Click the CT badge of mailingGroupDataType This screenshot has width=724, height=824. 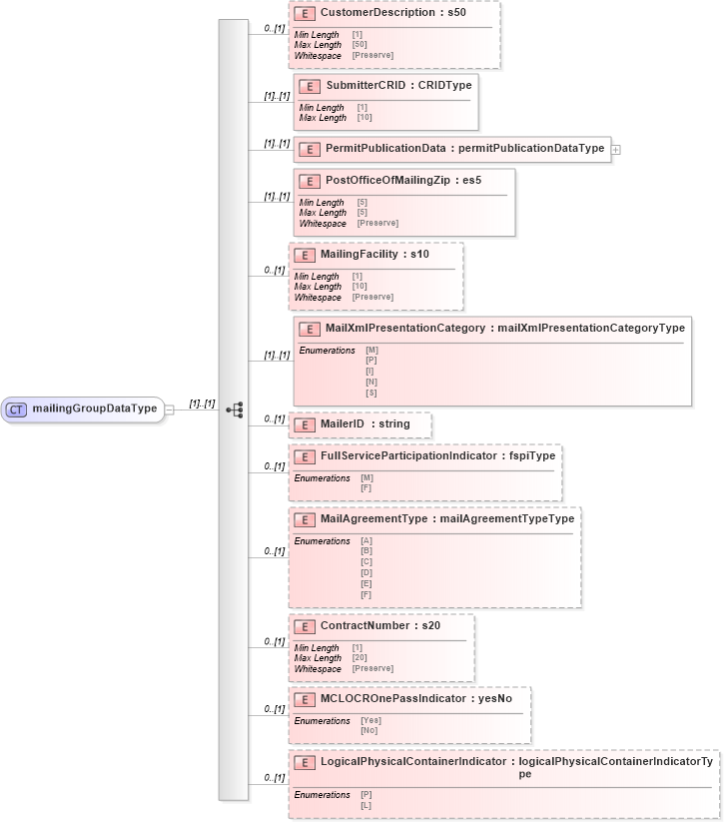click(18, 409)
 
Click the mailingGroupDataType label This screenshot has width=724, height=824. click(94, 409)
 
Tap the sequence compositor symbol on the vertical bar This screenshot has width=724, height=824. click(235, 410)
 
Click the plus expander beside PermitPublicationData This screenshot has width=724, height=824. click(615, 149)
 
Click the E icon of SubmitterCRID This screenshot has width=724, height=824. click(310, 86)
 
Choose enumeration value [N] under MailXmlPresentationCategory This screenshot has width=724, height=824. click(371, 382)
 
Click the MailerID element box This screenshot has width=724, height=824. click(361, 424)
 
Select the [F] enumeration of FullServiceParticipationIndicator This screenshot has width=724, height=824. click(365, 488)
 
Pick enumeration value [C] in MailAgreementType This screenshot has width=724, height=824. click(365, 562)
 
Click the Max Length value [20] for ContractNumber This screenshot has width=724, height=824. click(360, 657)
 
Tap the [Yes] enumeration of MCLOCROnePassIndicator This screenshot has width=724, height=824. click(370, 720)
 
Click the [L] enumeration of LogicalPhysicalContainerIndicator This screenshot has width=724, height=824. click(365, 804)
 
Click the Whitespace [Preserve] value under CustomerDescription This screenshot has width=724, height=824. click(372, 55)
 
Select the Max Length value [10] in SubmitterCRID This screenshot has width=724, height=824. click(364, 118)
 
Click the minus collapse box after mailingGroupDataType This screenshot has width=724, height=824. click(170, 409)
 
